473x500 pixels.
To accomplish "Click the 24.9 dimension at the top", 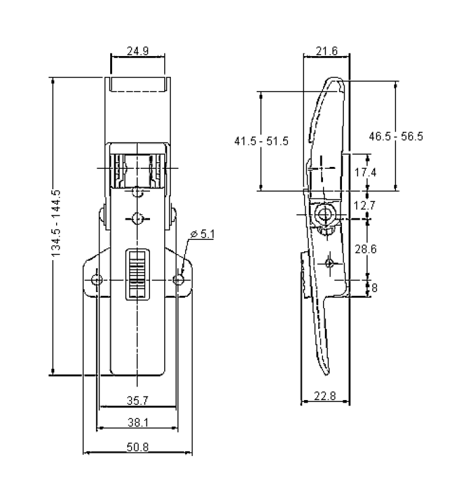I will point(138,51).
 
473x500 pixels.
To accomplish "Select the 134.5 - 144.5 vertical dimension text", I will point(56,222).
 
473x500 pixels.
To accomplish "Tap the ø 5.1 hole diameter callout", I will point(202,234).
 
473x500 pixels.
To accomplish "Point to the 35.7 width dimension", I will point(138,401).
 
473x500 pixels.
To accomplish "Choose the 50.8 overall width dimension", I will point(138,447).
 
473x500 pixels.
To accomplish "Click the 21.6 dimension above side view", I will point(326,51).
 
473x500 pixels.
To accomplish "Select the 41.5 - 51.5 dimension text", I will point(262,141).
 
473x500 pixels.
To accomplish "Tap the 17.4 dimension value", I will point(365,172).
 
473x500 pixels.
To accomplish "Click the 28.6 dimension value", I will point(365,249).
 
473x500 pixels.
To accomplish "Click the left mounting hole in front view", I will point(97,279).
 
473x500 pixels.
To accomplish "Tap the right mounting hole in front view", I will point(179,279).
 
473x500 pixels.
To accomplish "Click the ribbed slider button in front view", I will point(137,273).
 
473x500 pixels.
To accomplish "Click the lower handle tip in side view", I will point(326,368).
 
